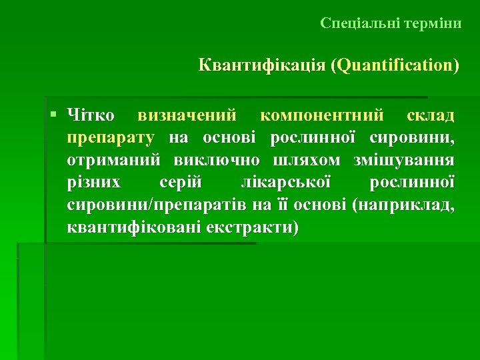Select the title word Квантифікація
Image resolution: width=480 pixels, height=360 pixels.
(x=261, y=65)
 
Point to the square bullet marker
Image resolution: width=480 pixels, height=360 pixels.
(x=53, y=115)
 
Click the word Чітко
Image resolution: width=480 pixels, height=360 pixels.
(x=91, y=115)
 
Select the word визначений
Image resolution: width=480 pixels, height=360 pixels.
(x=187, y=115)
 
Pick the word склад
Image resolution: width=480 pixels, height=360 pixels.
(x=431, y=115)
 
